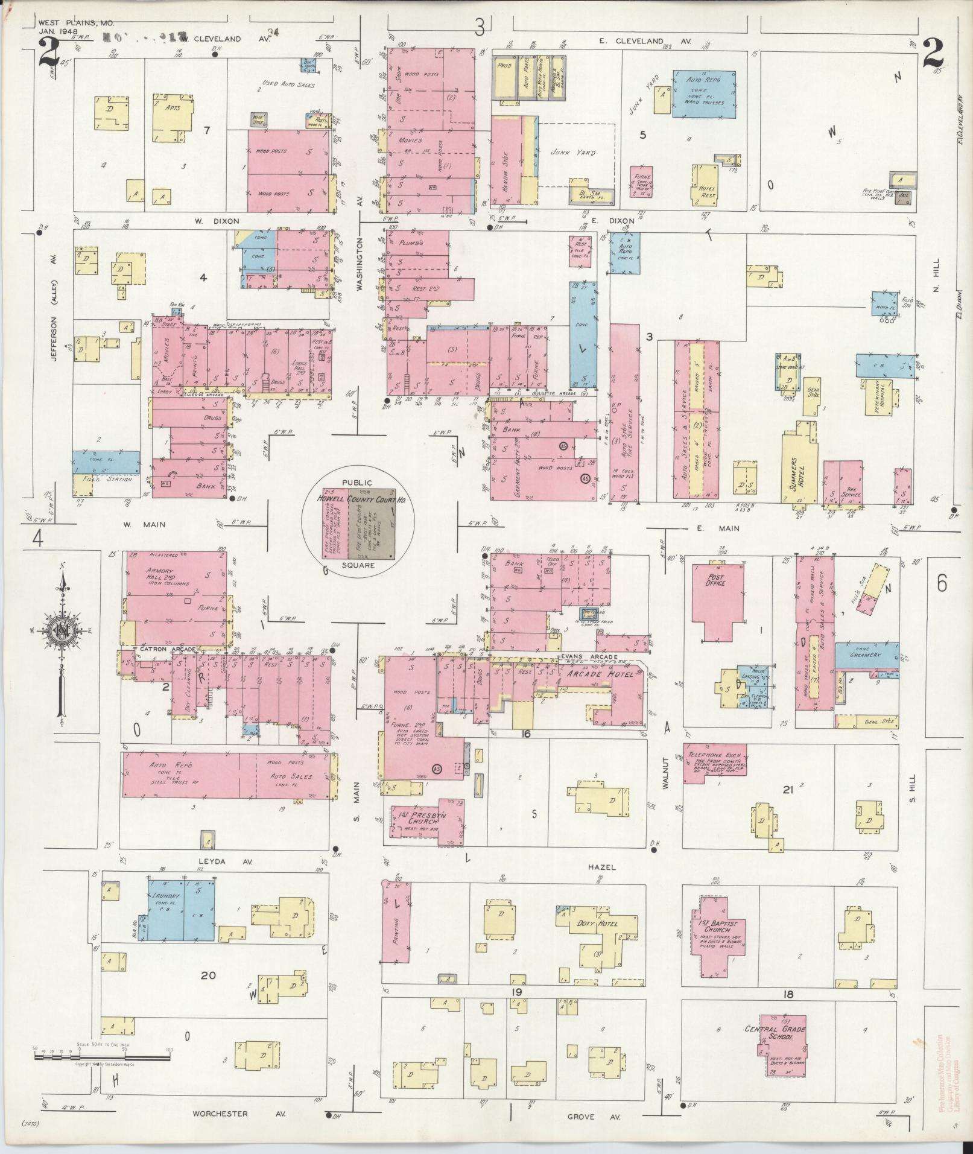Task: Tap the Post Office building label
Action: tap(715, 580)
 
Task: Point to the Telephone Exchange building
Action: tap(714, 762)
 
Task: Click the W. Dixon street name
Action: tap(208, 221)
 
